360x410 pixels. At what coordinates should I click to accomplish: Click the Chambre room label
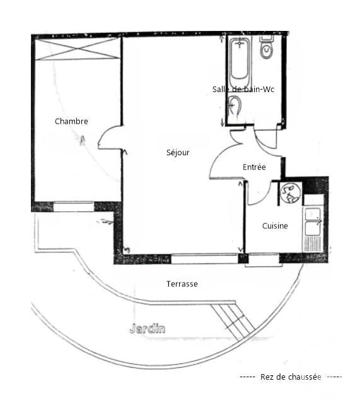click(71, 121)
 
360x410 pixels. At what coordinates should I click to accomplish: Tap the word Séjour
click(178, 153)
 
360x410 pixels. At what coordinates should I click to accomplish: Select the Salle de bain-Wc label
click(243, 90)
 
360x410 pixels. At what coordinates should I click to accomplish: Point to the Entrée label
click(254, 167)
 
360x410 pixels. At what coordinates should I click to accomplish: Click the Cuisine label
click(275, 226)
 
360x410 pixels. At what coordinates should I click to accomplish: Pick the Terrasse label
click(182, 284)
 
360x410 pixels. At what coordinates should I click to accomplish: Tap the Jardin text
click(147, 328)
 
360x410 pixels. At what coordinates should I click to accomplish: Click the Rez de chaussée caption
click(290, 377)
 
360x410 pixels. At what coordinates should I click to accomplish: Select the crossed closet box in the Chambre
click(77, 49)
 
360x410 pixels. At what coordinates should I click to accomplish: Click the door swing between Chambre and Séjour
click(108, 139)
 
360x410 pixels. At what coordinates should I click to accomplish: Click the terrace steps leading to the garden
click(235, 320)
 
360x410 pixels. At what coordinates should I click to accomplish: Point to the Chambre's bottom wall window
click(73, 206)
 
